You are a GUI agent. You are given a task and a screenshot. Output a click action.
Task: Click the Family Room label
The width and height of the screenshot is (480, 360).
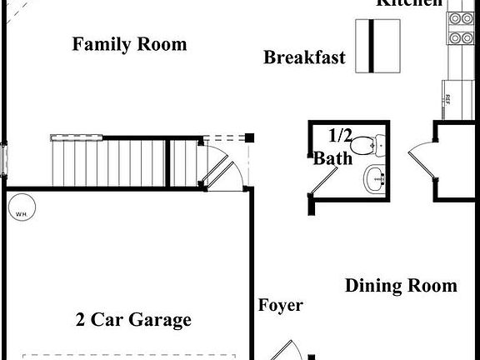tap(129, 44)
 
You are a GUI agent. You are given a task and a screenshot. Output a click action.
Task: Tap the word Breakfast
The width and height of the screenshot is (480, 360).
tap(304, 57)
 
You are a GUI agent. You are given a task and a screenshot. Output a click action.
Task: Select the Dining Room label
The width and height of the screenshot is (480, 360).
tap(401, 286)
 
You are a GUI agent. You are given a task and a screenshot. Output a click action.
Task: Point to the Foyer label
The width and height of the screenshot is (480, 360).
tap(280, 306)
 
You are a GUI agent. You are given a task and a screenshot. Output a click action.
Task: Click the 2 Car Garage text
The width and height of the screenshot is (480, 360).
tap(133, 319)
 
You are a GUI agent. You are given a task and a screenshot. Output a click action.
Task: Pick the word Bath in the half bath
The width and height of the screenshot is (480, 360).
tap(332, 157)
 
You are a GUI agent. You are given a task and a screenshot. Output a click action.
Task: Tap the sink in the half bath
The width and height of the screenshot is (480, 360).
tap(376, 177)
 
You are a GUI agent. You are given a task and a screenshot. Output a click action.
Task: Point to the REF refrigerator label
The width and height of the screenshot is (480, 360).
tap(447, 99)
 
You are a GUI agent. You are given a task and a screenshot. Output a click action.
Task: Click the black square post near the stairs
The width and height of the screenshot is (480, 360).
tap(249, 137)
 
